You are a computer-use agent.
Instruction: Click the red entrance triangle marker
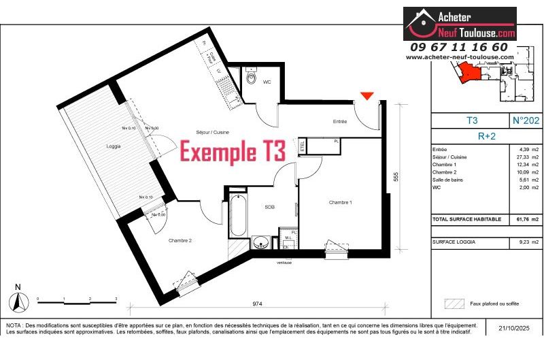coord(367,96)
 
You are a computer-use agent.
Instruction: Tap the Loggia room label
coord(113,146)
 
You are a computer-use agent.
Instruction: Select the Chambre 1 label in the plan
coord(340,202)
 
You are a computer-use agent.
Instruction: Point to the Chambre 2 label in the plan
coord(161,240)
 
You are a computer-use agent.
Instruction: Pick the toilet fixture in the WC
coord(252,82)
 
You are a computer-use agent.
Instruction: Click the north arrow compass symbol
coord(18,299)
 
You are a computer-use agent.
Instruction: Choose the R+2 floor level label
coord(486,135)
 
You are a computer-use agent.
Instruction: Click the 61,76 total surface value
coord(522,220)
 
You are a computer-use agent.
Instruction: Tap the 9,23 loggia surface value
coord(522,242)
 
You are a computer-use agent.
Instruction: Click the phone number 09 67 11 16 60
coord(459,47)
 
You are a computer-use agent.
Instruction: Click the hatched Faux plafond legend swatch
coord(453,304)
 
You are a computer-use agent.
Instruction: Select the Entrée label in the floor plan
coord(340,122)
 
